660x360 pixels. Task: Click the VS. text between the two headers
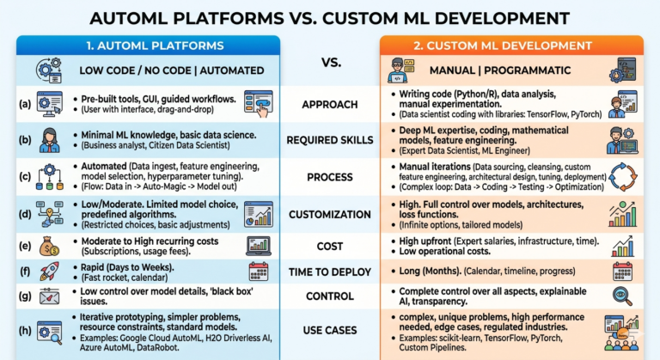click(x=330, y=63)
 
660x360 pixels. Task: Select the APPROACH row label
click(x=330, y=105)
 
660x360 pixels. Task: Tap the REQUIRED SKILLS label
click(x=330, y=141)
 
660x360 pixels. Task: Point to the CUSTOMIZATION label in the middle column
click(x=330, y=214)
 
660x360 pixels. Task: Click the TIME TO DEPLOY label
click(x=330, y=272)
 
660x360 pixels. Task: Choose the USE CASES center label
click(x=330, y=328)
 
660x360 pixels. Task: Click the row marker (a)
click(x=23, y=105)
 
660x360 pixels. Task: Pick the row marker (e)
click(x=23, y=245)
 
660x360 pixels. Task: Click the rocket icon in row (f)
click(x=50, y=272)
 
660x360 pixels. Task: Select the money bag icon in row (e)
click(x=50, y=246)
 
